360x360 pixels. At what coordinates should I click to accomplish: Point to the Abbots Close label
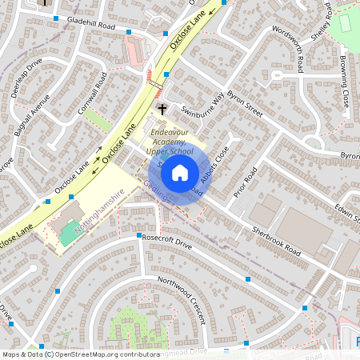[215, 165]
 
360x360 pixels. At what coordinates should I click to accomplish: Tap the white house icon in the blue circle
[180, 172]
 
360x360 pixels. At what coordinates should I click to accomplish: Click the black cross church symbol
[162, 108]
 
